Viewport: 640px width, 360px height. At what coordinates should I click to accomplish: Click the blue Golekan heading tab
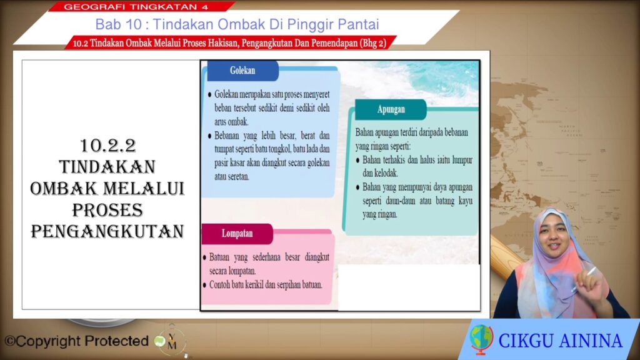click(x=243, y=71)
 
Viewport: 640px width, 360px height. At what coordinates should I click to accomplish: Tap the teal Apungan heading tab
click(x=391, y=109)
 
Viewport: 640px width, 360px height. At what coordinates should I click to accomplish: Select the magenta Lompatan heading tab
click(x=237, y=234)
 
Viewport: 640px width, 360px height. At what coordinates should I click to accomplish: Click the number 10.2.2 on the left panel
click(x=107, y=146)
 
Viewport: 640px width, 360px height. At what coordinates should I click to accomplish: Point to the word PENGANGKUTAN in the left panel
click(x=107, y=231)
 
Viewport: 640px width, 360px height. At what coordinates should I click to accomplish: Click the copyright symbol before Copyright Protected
click(x=10, y=341)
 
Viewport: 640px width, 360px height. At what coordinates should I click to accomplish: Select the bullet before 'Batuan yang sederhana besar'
click(x=205, y=258)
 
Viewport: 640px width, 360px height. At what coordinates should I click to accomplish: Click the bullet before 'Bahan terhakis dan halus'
click(x=358, y=161)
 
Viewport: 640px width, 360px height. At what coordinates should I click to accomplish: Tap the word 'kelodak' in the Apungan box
click(x=386, y=174)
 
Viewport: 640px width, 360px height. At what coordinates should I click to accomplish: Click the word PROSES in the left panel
click(x=107, y=210)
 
